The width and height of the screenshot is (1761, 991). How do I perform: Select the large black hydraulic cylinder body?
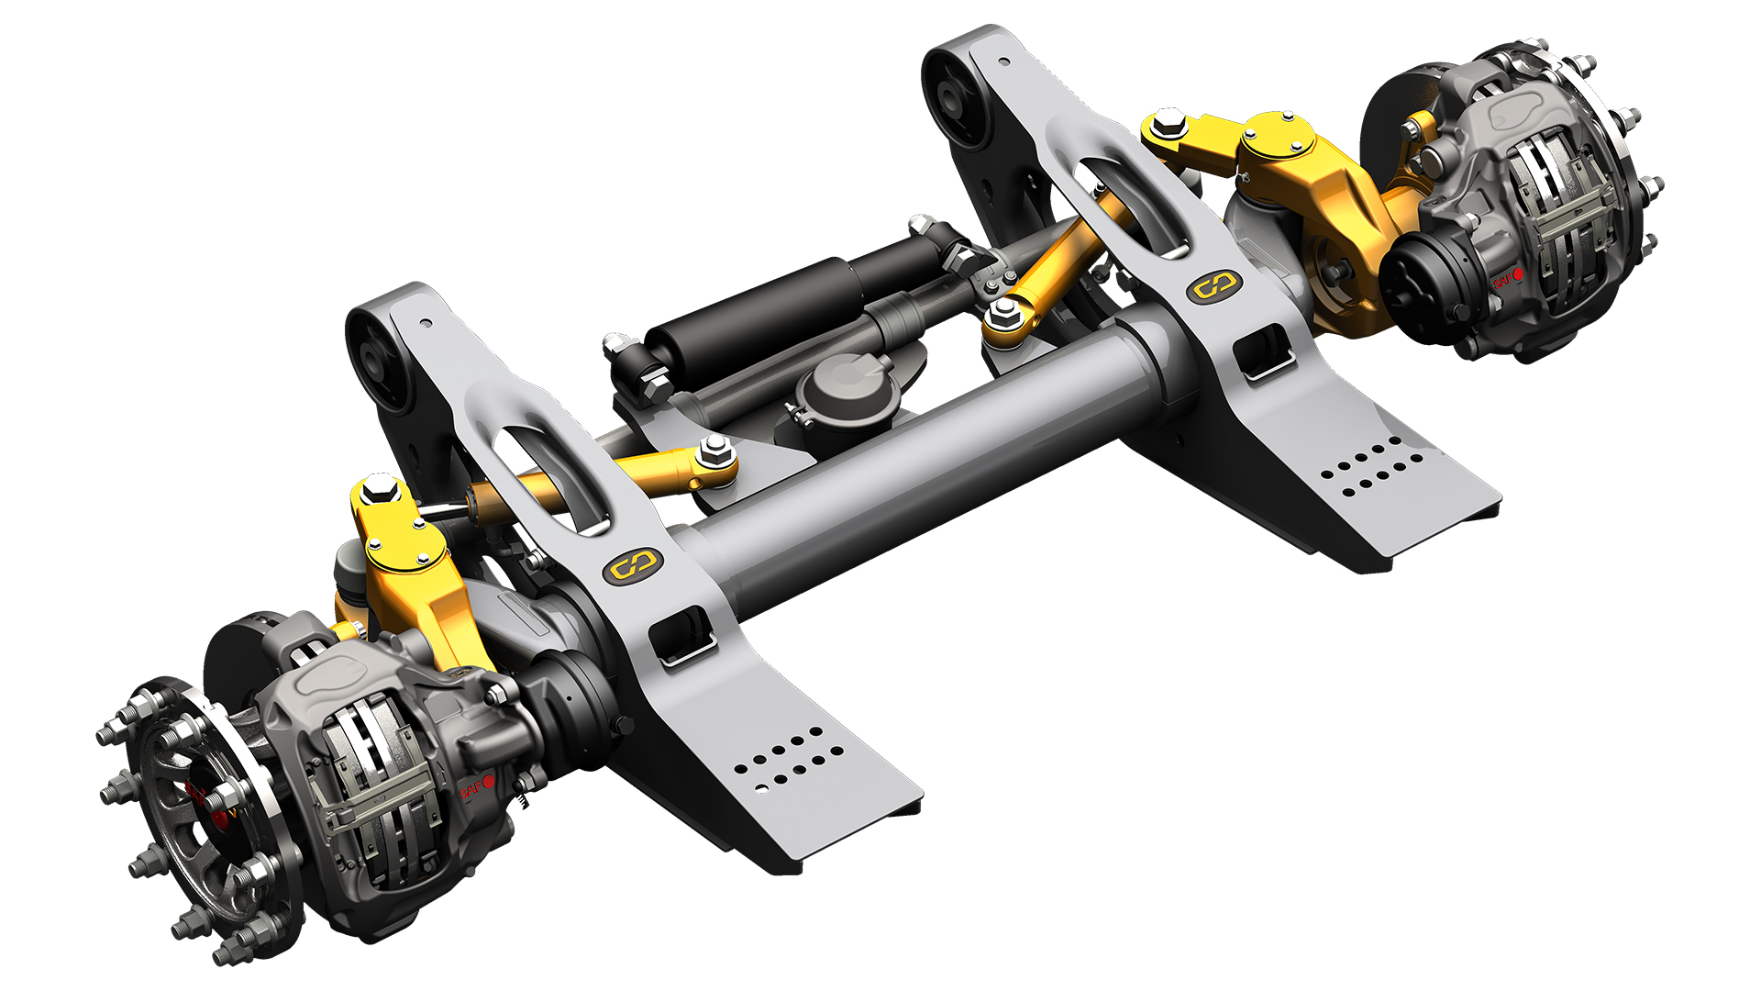[x=752, y=312]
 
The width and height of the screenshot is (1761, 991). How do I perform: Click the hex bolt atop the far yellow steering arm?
[x=1168, y=119]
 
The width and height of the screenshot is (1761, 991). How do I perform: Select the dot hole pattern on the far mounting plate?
[x=1372, y=467]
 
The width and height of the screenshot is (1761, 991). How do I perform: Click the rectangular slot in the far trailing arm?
[x=1263, y=351]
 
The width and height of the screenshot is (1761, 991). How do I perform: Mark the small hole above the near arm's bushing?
[x=425, y=323]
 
